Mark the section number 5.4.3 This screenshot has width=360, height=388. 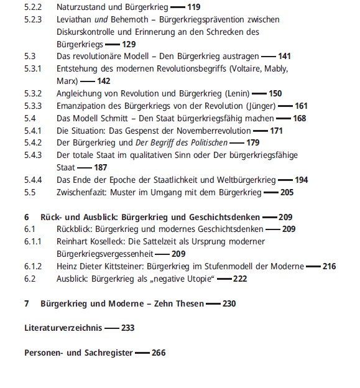[x=33, y=155]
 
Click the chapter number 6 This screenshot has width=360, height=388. [x=27, y=217]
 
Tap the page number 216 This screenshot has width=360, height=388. [x=329, y=266]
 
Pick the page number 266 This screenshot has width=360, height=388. [x=159, y=352]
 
